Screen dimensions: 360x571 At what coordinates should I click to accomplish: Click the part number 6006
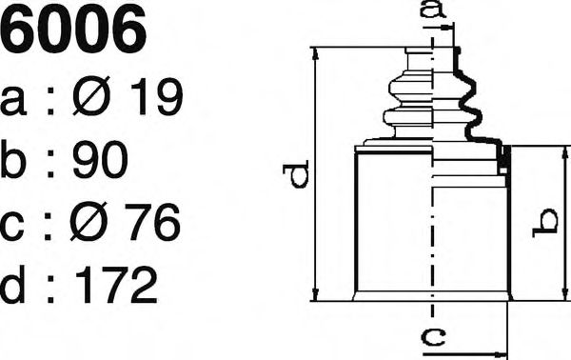click(74, 30)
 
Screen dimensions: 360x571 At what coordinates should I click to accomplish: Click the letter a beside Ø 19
click(16, 101)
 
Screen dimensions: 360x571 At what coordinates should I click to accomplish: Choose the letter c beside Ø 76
click(16, 227)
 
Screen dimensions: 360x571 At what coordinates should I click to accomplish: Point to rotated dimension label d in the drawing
click(297, 175)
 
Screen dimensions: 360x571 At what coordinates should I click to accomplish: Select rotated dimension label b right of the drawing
click(547, 223)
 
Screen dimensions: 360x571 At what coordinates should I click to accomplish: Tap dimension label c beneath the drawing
click(433, 336)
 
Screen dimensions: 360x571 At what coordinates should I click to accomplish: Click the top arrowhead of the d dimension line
click(315, 52)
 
